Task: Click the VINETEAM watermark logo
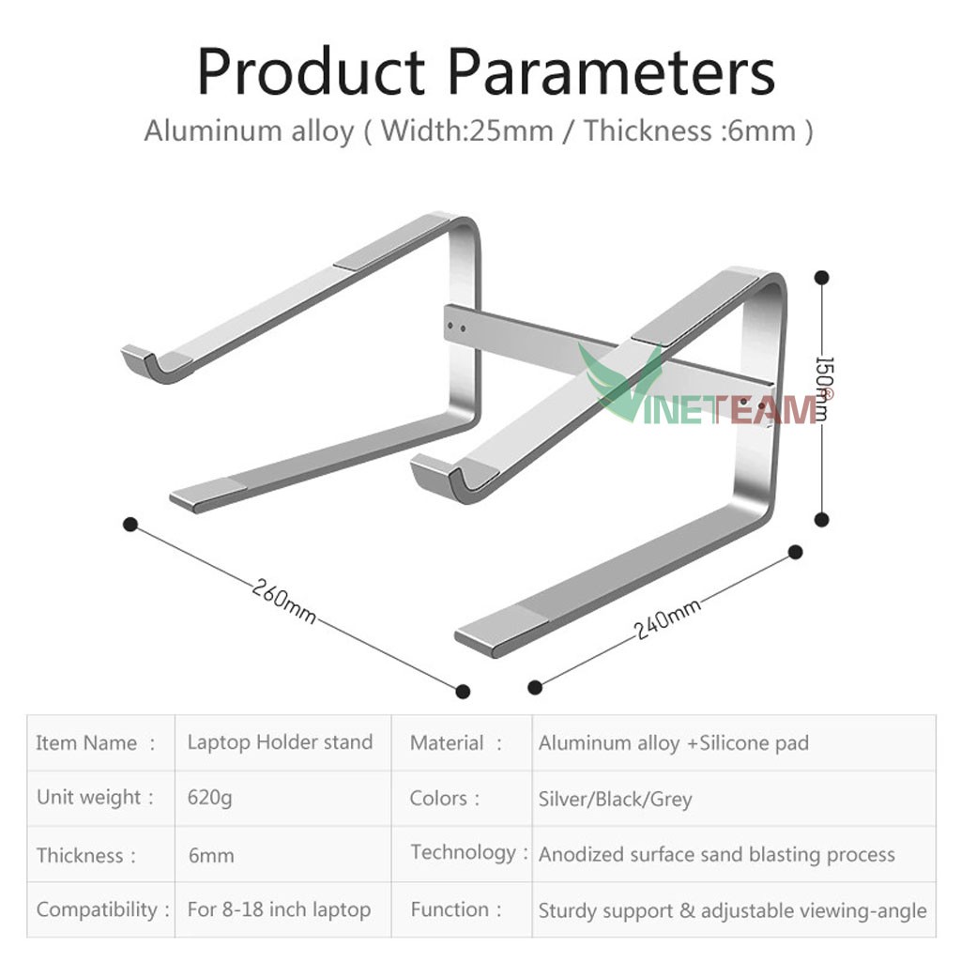pos(713,399)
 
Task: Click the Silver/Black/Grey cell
pos(615,800)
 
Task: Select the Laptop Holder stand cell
pos(280,742)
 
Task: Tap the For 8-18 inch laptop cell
pos(279,909)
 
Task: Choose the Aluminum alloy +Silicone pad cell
pos(673,743)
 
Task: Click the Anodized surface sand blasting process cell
pos(716,855)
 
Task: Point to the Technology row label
pos(463,853)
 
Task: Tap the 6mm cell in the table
pos(211,856)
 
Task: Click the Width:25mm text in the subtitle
pos(467,130)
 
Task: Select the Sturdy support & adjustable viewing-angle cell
pos(732,910)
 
